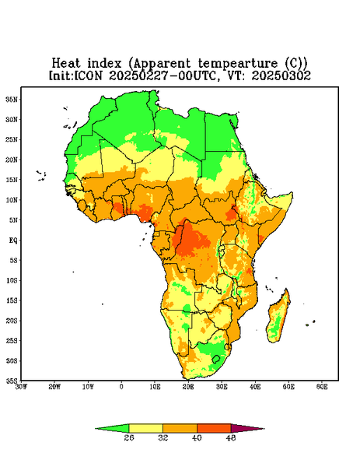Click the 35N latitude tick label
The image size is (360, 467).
(x=12, y=99)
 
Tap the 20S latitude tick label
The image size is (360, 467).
(x=12, y=321)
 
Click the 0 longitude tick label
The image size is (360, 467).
(x=121, y=387)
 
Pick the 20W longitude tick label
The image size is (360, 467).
(x=54, y=387)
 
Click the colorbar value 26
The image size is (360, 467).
(x=129, y=437)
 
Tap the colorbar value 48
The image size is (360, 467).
(x=231, y=437)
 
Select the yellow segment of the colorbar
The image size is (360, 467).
(x=145, y=428)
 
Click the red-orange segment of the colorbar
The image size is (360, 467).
(x=214, y=428)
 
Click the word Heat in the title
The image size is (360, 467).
(x=66, y=64)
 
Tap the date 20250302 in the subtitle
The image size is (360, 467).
(x=281, y=75)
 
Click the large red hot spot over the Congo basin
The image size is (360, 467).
(x=190, y=240)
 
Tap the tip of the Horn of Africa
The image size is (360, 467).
(x=292, y=194)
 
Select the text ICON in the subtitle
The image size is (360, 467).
(x=88, y=75)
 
